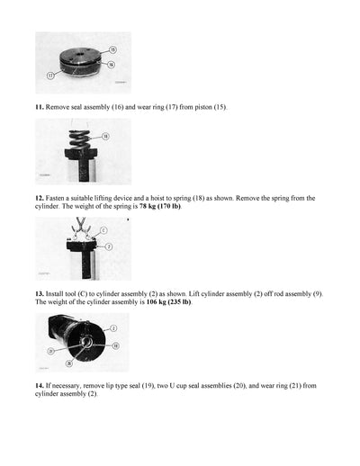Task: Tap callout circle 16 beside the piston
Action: click(x=111, y=65)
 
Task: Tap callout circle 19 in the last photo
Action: click(x=115, y=344)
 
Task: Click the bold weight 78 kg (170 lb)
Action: click(x=154, y=206)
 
